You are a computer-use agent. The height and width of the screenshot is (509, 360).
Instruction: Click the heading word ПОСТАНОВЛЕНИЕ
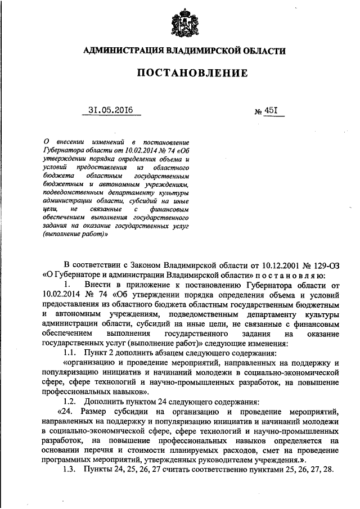[x=180, y=73]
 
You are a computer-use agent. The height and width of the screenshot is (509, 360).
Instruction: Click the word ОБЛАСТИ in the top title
[x=258, y=51]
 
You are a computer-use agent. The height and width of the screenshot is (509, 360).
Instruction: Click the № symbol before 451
[x=259, y=111]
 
